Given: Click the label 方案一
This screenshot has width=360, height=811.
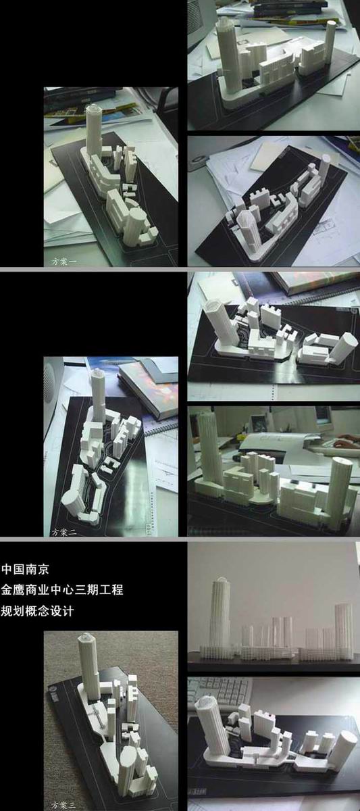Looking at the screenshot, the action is click(x=64, y=262).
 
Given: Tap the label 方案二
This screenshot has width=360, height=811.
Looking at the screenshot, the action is click(x=64, y=532).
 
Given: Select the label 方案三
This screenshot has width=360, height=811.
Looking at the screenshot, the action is click(x=64, y=804).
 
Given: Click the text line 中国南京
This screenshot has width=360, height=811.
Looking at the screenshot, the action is click(x=25, y=569).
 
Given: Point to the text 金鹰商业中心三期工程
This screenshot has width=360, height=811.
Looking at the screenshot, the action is click(x=62, y=590).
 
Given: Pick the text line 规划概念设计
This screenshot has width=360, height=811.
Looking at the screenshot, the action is click(x=37, y=611).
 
